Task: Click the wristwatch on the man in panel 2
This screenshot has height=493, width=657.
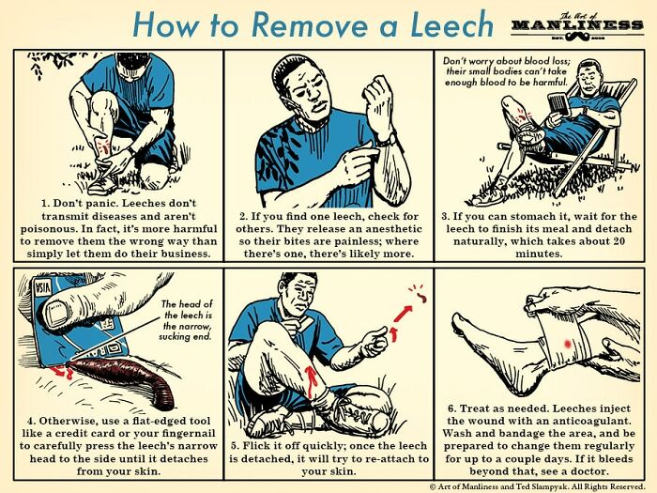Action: coord(386,138)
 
